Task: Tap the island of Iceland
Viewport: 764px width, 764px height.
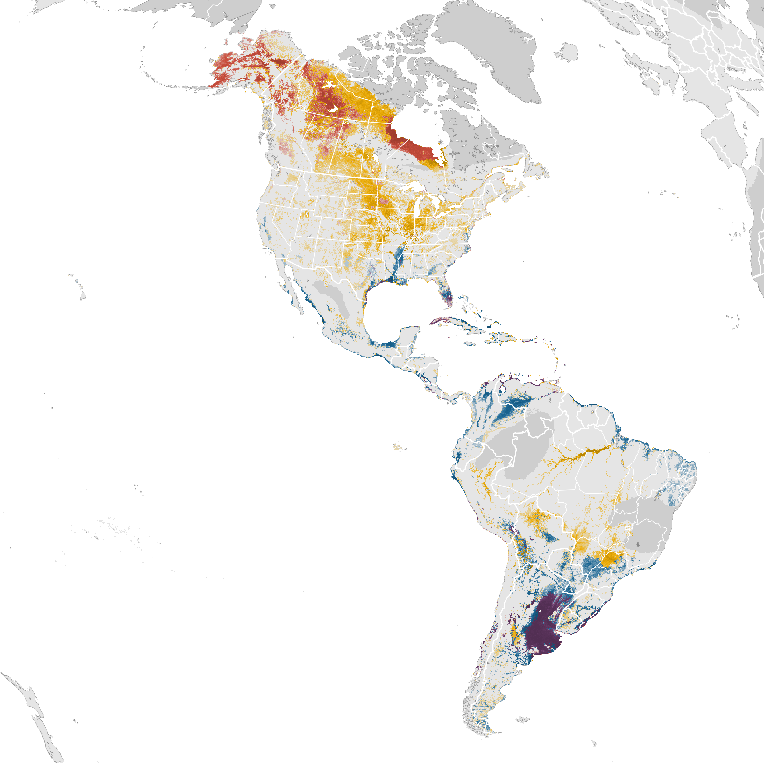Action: click(566, 52)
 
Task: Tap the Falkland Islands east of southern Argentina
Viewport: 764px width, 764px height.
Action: click(523, 719)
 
